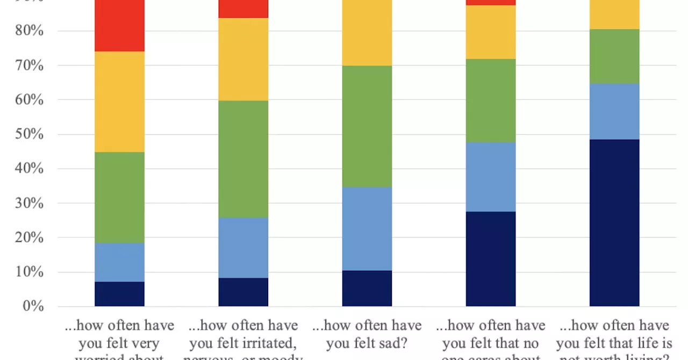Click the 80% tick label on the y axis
[x=30, y=31]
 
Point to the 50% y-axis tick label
[x=30, y=134]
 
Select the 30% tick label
[x=30, y=203]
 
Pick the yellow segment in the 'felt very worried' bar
[x=119, y=102]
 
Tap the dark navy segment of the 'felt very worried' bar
[x=119, y=294]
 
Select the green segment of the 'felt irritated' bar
[x=243, y=159]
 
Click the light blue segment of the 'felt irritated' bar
[x=243, y=248]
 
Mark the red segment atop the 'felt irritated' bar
[x=243, y=9]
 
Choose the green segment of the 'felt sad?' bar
[x=367, y=126]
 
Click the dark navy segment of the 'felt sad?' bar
[x=367, y=289]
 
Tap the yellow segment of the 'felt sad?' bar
[x=367, y=32]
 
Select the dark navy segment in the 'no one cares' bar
[x=490, y=259]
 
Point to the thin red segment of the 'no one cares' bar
[x=490, y=3]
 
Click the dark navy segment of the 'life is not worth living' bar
[x=614, y=223]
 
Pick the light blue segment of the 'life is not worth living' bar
[x=614, y=112]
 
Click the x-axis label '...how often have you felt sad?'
[x=368, y=334]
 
